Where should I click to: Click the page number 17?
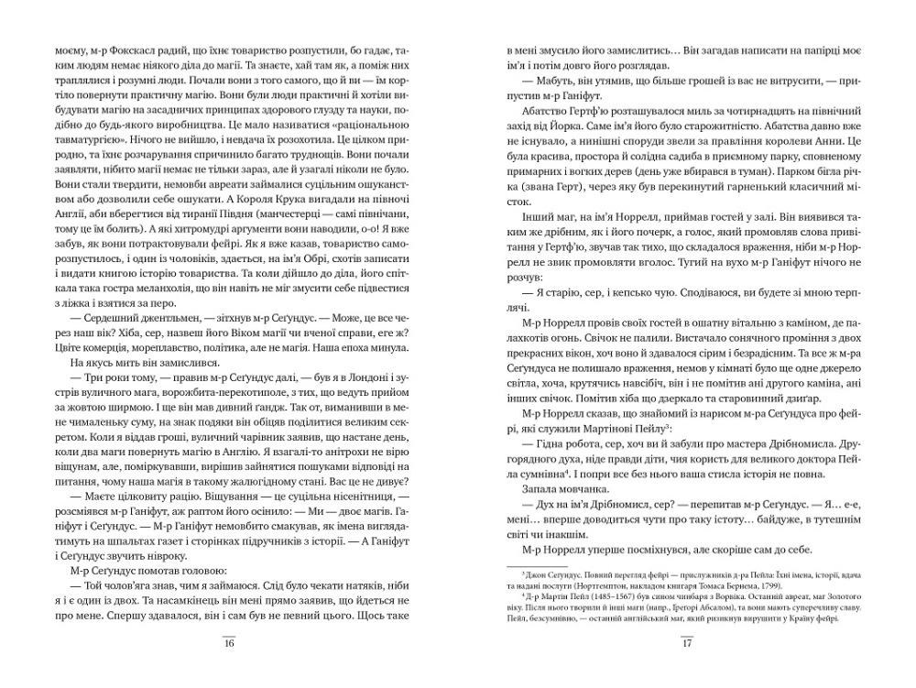click(x=687, y=642)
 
